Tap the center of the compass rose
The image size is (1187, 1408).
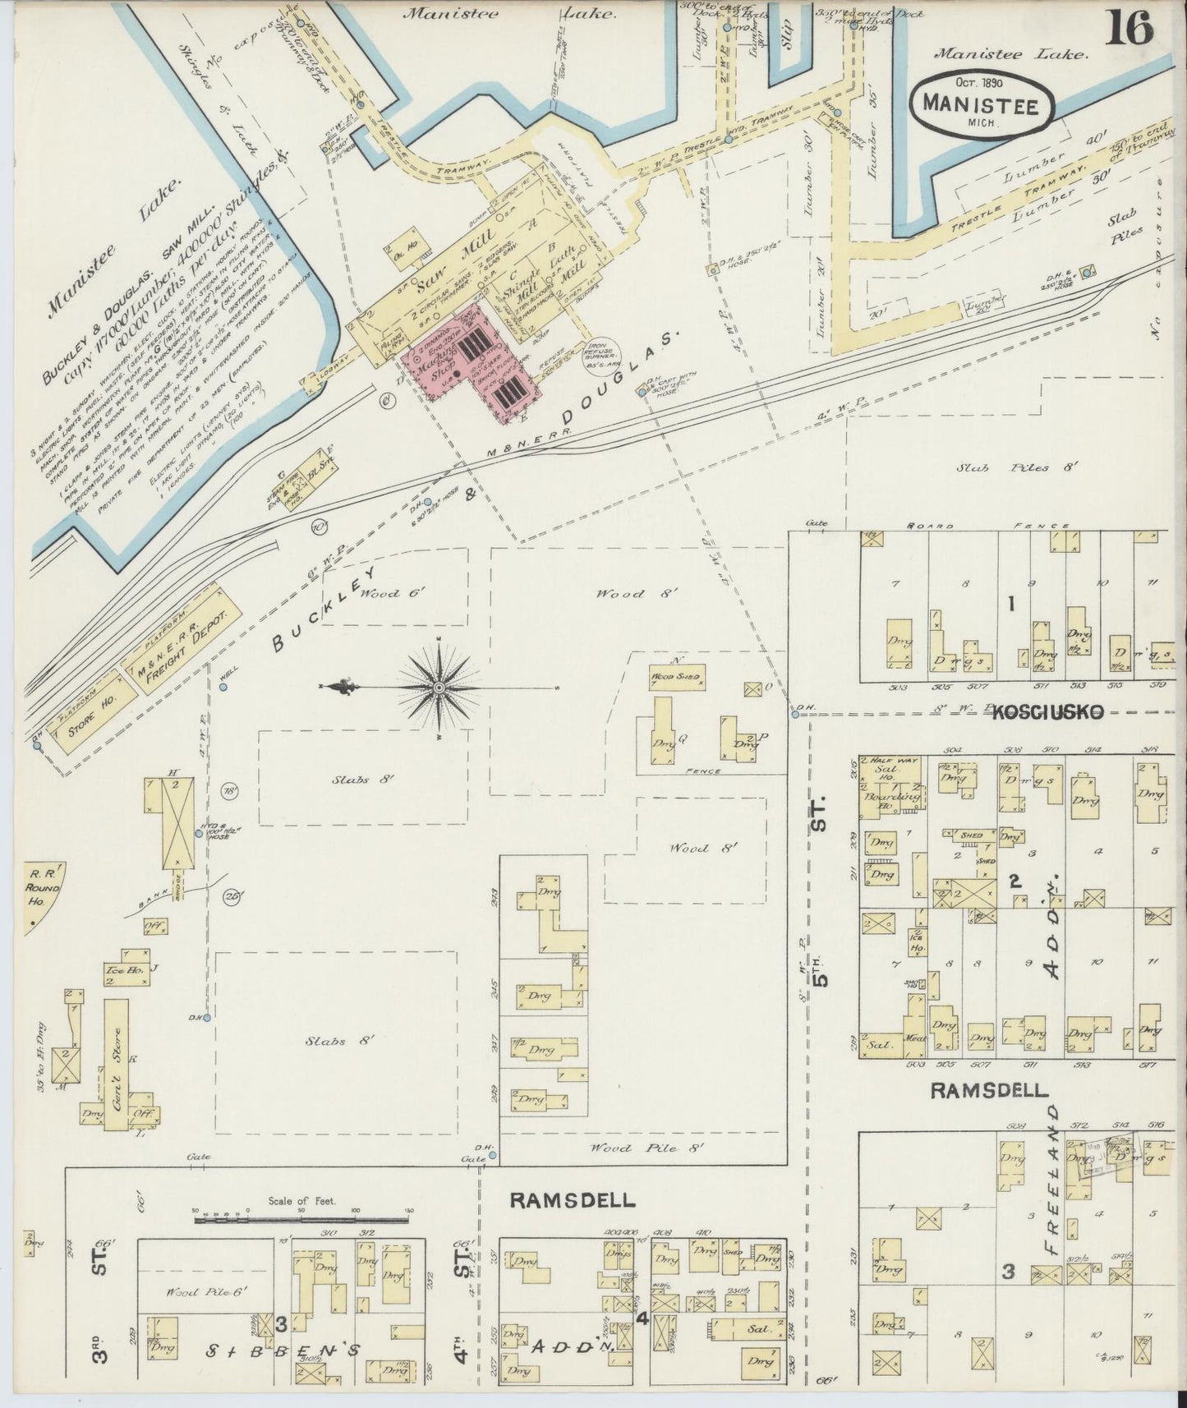point(439,687)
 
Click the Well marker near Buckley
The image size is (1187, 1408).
point(223,686)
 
